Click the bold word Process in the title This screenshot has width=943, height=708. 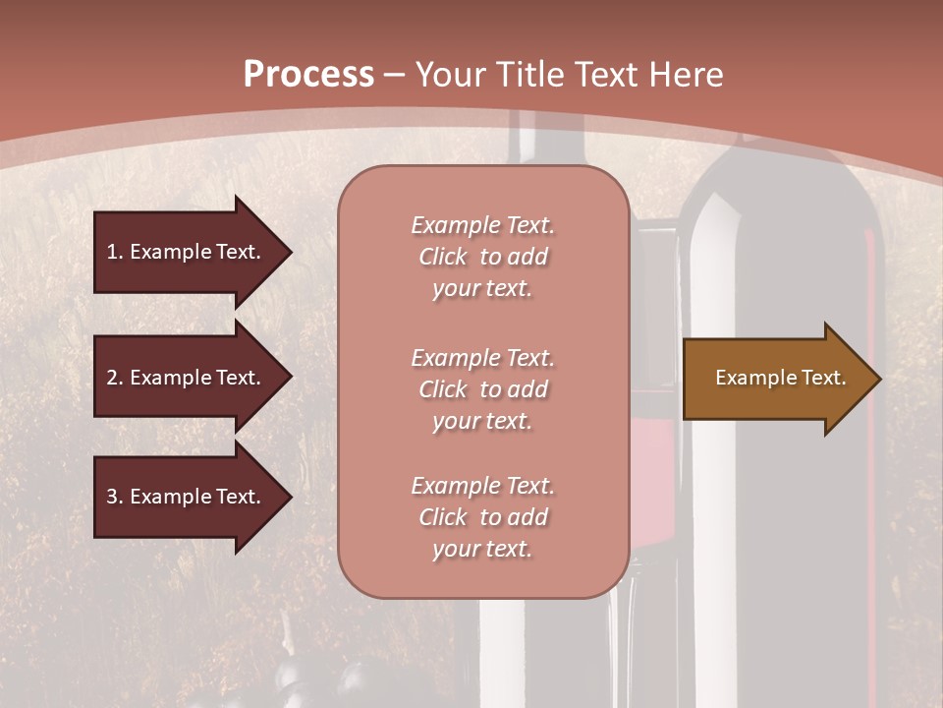point(308,75)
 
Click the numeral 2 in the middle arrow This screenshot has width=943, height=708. point(112,378)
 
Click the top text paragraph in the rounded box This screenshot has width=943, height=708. point(482,257)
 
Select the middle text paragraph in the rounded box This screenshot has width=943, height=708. point(482,389)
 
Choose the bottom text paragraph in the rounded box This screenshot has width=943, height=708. point(482,517)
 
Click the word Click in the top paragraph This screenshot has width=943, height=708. point(443,257)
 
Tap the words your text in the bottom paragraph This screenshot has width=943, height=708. point(482,550)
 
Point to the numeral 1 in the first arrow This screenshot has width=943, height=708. point(112,252)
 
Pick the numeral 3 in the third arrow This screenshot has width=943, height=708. point(112,497)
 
